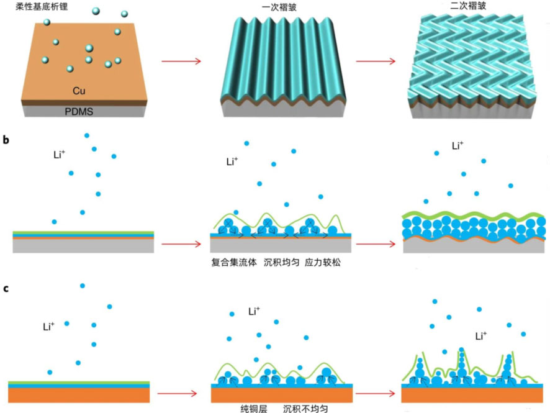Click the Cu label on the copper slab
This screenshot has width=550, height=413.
tap(79, 91)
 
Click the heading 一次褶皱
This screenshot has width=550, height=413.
tap(273, 9)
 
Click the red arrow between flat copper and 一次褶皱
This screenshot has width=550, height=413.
tap(181, 61)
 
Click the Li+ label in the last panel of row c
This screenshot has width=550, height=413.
tap(483, 336)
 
